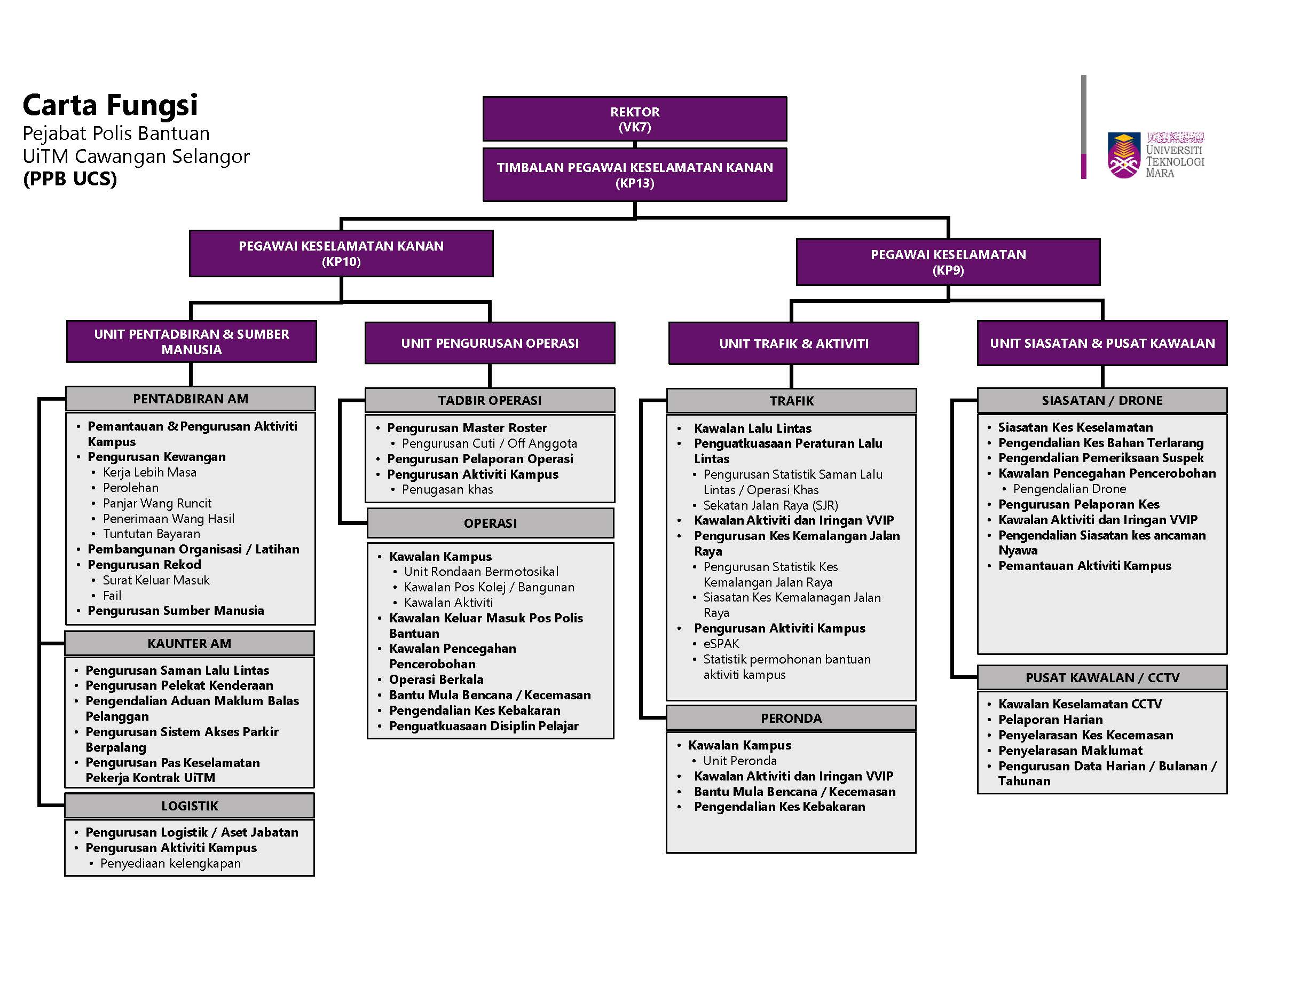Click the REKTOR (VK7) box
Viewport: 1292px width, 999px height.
(x=634, y=119)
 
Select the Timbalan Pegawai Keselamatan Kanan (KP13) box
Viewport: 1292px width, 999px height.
(x=634, y=175)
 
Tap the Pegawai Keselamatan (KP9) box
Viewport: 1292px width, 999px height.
(x=948, y=262)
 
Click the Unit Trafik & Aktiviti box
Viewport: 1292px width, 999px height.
(x=793, y=344)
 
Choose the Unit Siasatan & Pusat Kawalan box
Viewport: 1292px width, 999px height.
(x=1101, y=344)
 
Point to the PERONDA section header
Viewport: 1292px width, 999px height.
(x=791, y=718)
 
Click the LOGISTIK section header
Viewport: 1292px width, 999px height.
(x=190, y=806)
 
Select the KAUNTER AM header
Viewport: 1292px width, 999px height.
(x=190, y=643)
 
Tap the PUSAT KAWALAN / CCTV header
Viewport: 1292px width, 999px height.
(x=1101, y=677)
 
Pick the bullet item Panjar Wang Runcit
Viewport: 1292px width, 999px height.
(x=157, y=503)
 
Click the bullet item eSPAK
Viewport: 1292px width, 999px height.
(x=721, y=643)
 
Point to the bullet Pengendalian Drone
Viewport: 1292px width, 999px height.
(x=1069, y=489)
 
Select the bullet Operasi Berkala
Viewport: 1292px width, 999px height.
(x=436, y=680)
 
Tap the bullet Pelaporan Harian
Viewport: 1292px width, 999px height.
(x=1050, y=720)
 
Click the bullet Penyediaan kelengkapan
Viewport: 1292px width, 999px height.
(x=170, y=863)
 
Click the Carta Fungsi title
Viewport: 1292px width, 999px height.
(x=110, y=105)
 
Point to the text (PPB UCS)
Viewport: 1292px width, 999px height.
(x=70, y=179)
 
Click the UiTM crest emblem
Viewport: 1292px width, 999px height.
(x=1123, y=155)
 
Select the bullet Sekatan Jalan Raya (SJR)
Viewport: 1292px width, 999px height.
(x=770, y=505)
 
